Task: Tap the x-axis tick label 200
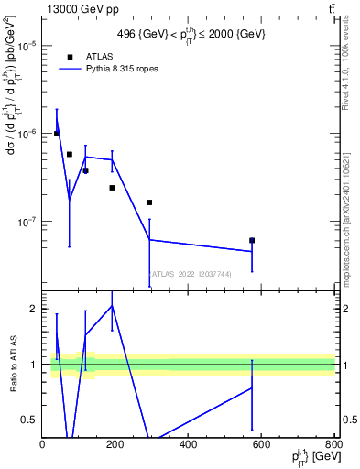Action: point(115,445)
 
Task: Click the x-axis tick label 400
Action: point(188,445)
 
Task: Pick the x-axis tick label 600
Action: point(261,445)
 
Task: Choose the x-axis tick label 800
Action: point(333,445)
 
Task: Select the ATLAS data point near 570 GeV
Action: point(252,240)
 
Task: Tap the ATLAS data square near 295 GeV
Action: point(149,202)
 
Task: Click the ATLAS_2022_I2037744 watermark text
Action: point(190,274)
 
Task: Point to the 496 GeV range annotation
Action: point(191,33)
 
